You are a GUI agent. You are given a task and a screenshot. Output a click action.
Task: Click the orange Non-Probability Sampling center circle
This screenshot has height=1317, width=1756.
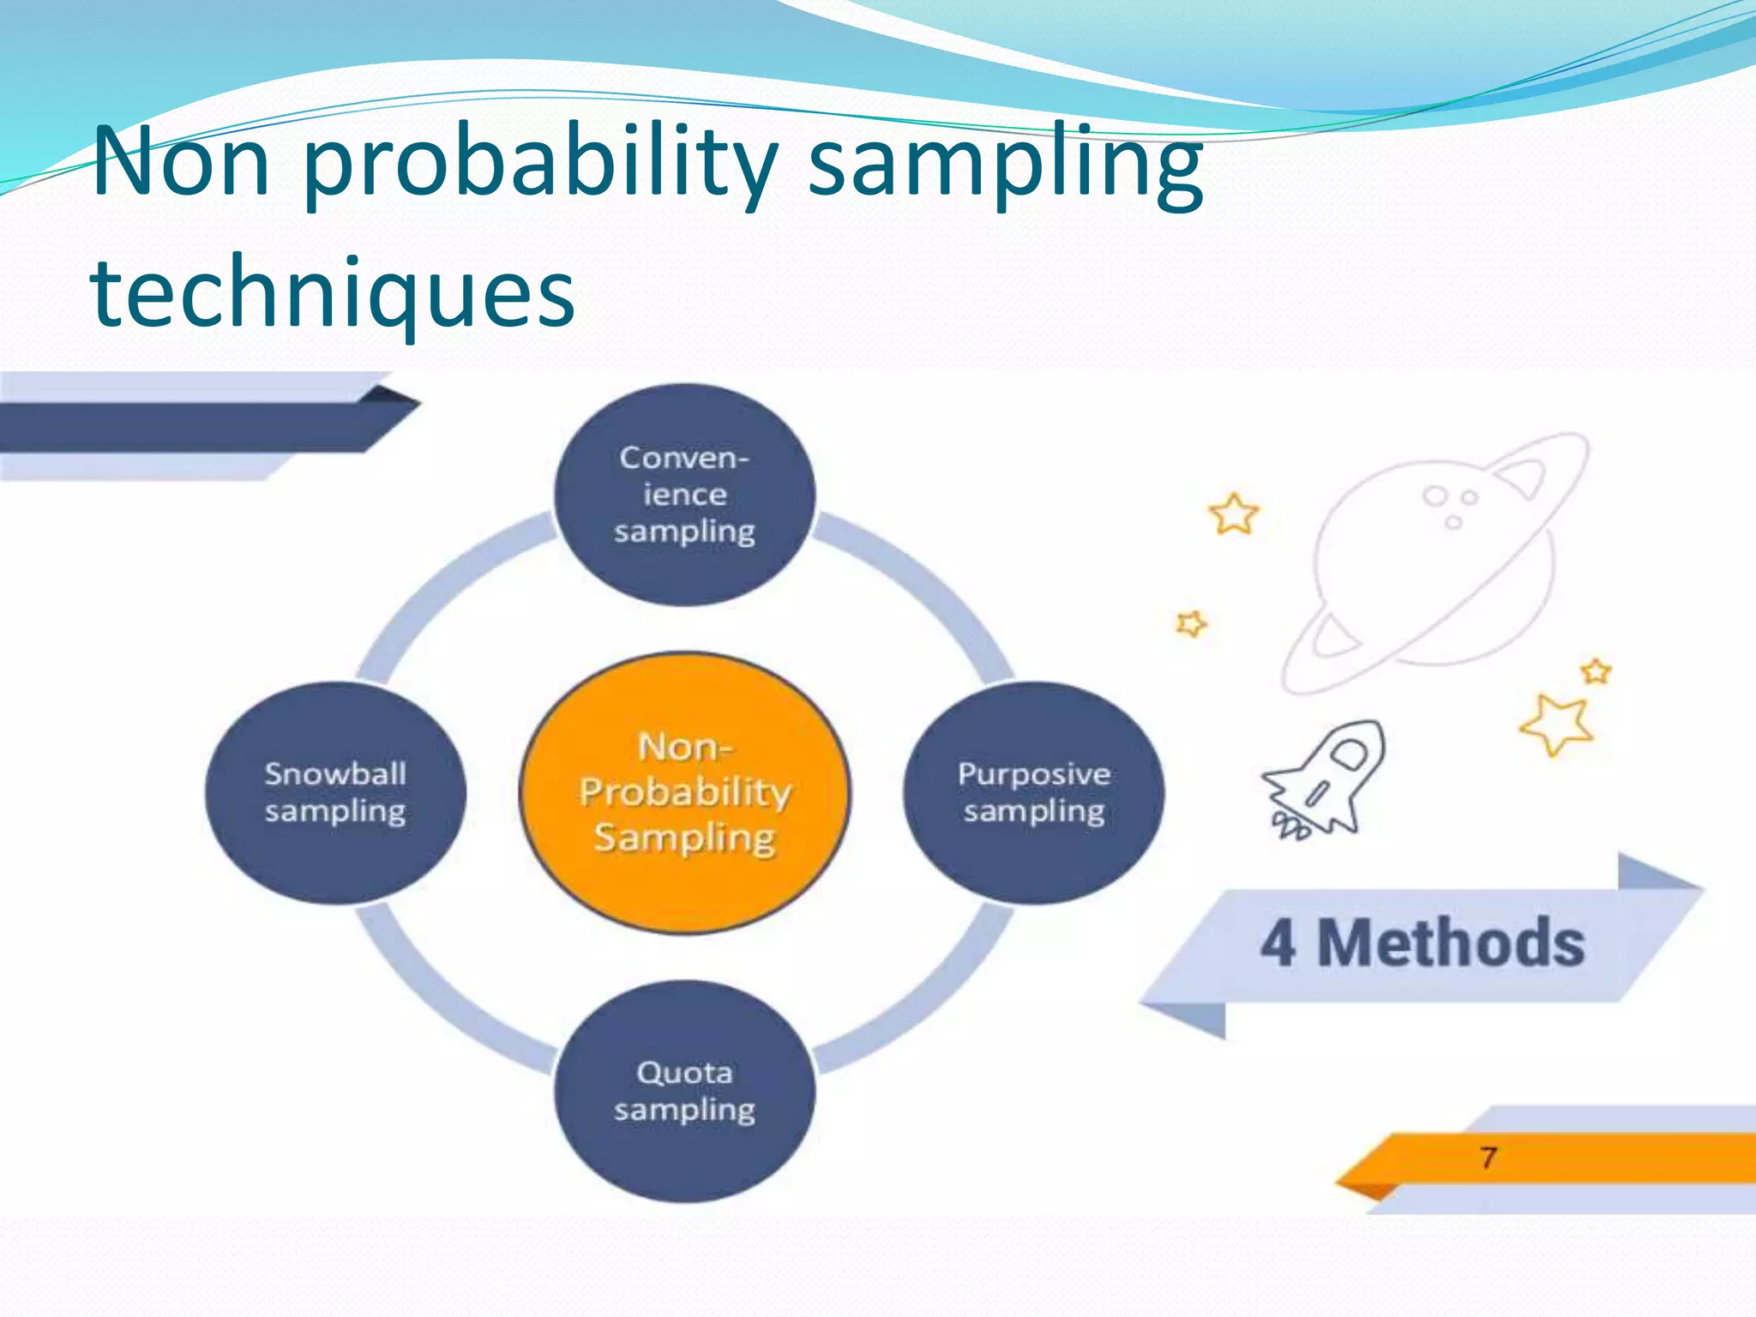tap(684, 792)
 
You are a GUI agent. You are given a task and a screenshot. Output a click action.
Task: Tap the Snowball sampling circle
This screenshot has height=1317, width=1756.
tap(335, 792)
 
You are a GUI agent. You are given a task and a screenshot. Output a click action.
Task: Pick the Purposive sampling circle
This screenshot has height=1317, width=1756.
tap(1034, 792)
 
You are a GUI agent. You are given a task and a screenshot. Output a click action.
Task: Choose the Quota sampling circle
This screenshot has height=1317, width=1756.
tap(684, 1091)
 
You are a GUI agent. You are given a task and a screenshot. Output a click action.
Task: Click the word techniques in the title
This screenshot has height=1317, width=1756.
tap(333, 292)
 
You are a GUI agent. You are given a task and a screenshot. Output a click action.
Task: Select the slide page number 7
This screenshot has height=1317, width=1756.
tap(1488, 1158)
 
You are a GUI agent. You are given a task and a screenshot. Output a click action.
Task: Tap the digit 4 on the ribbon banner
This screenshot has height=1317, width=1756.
tap(1278, 943)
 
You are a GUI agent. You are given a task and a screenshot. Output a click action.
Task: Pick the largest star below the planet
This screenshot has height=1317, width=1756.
tap(1557, 724)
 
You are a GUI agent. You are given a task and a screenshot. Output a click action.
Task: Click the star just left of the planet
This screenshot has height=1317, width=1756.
tap(1234, 514)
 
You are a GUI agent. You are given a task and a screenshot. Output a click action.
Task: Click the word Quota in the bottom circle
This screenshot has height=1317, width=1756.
tap(684, 1073)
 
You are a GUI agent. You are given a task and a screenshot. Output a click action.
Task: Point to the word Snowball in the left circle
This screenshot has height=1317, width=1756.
tap(335, 774)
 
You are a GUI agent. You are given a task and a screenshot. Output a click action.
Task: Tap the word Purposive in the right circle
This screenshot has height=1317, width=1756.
tap(1034, 774)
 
